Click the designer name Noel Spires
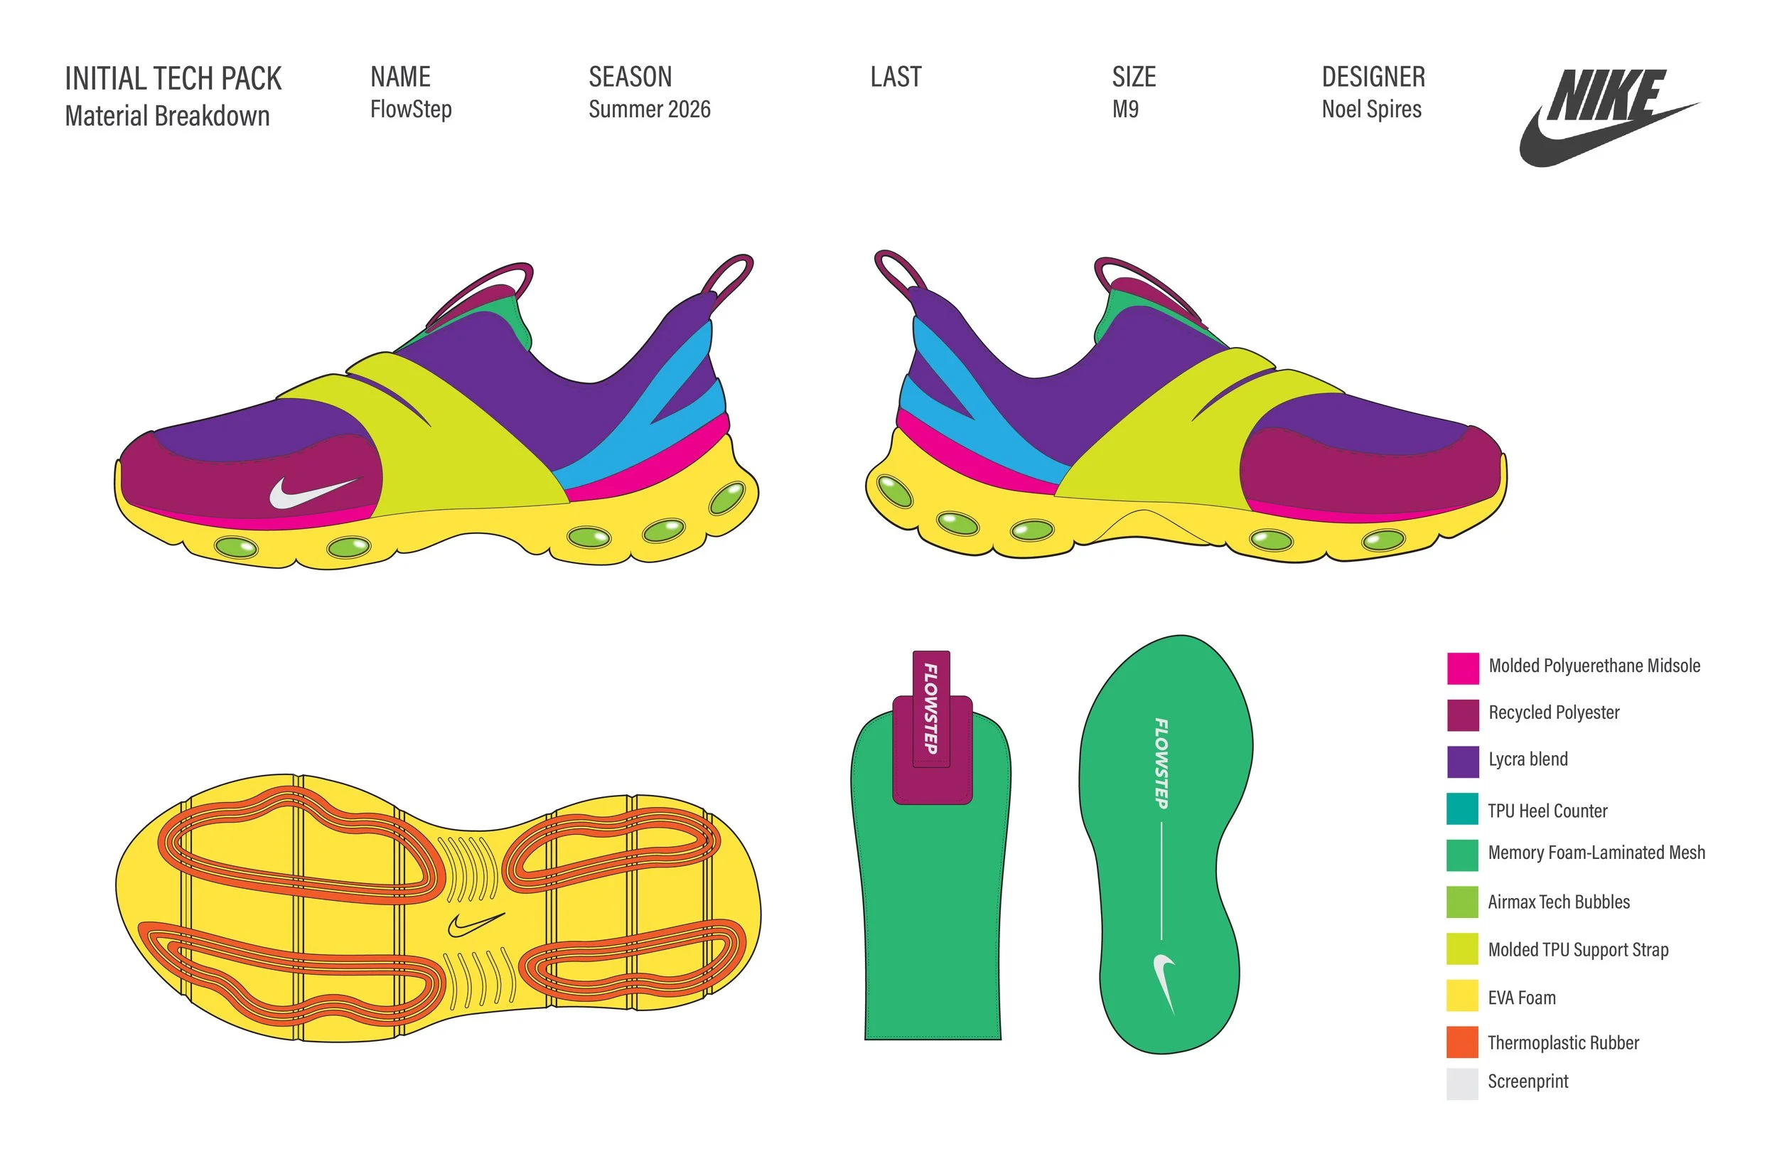(x=1371, y=109)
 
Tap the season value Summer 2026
(x=649, y=109)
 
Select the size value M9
(x=1125, y=109)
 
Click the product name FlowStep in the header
(x=411, y=109)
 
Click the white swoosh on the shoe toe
(x=312, y=492)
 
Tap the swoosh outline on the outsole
(x=476, y=924)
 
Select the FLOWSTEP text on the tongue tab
(x=931, y=709)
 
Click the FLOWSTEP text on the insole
(x=1161, y=762)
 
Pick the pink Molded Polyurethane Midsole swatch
(x=1462, y=668)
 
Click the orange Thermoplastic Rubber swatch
(x=1462, y=1042)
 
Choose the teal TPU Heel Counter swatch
(x=1462, y=808)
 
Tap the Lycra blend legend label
(x=1528, y=759)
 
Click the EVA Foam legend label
(x=1521, y=997)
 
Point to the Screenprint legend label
(x=1528, y=1081)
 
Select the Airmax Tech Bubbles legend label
(x=1558, y=902)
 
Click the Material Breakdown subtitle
(x=167, y=117)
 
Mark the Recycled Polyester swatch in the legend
(x=1462, y=715)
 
